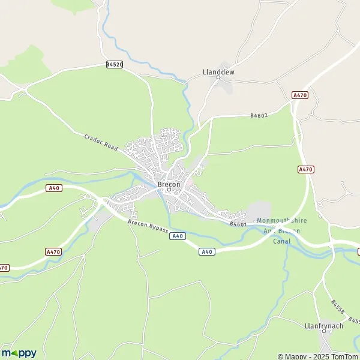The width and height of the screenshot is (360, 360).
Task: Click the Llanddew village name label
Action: [218, 72]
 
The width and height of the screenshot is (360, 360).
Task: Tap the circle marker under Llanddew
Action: [218, 78]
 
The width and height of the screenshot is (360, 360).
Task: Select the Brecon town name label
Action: [169, 184]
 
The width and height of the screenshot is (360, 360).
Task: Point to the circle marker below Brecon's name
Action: [169, 190]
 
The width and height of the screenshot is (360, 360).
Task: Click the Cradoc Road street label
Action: [101, 142]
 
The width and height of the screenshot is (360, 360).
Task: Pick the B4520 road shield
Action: [114, 65]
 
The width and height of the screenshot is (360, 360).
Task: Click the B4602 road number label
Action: [259, 116]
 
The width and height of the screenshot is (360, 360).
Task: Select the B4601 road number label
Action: [238, 224]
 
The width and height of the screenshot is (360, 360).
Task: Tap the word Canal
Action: [281, 241]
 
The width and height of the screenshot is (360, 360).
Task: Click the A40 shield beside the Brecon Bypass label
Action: [176, 236]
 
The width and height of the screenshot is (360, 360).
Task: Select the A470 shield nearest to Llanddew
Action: [300, 95]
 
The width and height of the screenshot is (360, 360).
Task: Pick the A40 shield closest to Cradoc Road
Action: [54, 188]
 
